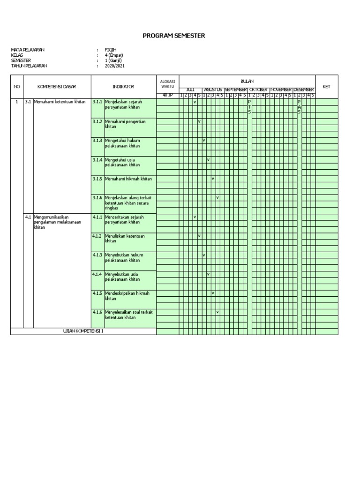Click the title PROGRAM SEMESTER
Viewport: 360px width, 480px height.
coord(180,36)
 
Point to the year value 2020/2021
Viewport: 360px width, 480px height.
coord(115,66)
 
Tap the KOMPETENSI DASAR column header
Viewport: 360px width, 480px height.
coord(57,87)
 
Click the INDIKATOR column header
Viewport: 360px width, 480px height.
coord(123,87)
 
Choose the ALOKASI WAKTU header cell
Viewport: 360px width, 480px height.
coord(167,84)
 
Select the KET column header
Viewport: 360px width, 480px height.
coord(327,87)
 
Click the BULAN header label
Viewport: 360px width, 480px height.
coord(247,81)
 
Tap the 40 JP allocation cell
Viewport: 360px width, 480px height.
coord(167,96)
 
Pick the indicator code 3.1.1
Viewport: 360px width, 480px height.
coord(97,102)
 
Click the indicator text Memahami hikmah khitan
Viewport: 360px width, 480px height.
coord(128,179)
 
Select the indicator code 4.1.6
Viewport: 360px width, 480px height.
coord(97,312)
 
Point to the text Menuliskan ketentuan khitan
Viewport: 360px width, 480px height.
coord(124,238)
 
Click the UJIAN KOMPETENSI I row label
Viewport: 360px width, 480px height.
coord(83,331)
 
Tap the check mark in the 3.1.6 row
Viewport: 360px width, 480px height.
coord(217,197)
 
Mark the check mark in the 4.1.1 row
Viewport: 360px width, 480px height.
coord(195,217)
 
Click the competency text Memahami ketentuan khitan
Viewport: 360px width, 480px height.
coord(60,102)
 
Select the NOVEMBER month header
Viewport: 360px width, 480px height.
coord(281,90)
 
